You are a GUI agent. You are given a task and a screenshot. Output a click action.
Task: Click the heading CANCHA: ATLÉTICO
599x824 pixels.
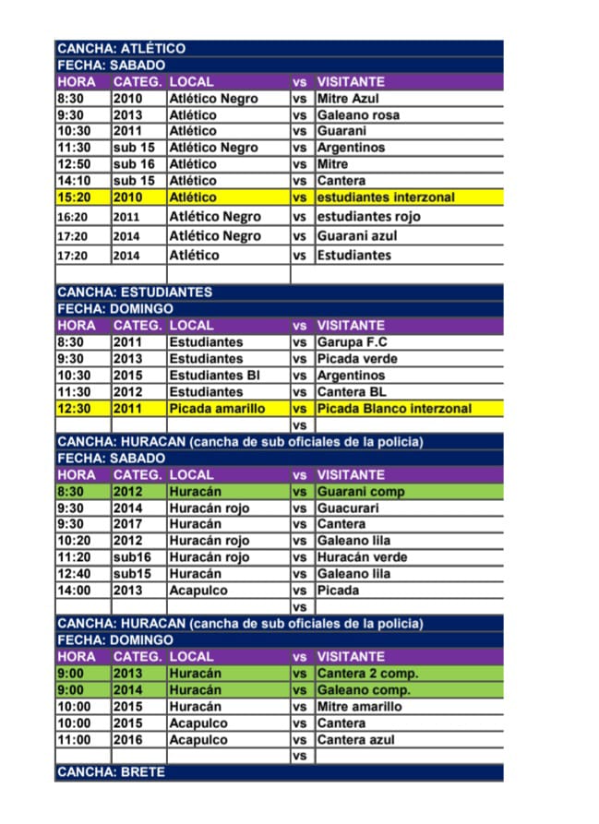(x=121, y=48)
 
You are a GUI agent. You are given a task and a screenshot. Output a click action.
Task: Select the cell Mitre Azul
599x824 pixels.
(x=348, y=98)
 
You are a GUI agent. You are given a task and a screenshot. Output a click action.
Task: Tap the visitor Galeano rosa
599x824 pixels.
(x=358, y=114)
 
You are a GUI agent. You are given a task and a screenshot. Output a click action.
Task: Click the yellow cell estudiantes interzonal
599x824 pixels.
(x=386, y=197)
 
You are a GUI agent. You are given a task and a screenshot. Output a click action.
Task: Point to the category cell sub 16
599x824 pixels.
(x=134, y=163)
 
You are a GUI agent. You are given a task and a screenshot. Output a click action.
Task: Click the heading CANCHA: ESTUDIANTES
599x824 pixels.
(x=135, y=292)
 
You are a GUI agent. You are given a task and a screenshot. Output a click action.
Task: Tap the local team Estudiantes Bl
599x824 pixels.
(x=214, y=375)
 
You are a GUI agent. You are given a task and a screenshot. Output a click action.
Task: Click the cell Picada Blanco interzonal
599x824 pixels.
(x=394, y=408)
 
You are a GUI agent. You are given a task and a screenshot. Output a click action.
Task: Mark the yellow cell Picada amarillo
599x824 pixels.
(x=217, y=408)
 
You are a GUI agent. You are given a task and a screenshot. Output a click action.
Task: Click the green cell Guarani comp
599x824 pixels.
(x=361, y=491)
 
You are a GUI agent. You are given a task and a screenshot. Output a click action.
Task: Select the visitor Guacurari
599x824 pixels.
(x=350, y=508)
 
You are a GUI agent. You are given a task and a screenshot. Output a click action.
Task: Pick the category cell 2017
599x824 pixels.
(x=128, y=524)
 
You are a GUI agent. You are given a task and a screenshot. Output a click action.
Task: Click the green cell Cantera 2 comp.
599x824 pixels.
(x=364, y=673)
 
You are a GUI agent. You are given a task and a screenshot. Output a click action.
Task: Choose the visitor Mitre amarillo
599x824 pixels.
(x=360, y=706)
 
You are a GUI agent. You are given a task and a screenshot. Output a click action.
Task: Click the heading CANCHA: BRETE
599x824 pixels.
(x=111, y=771)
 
